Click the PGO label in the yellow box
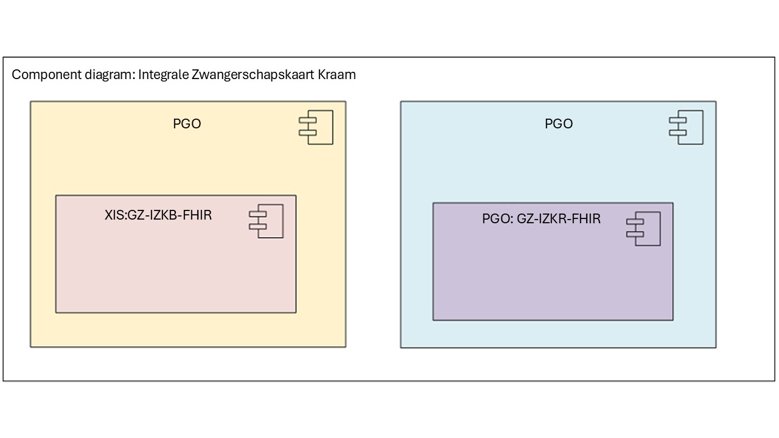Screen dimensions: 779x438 coord(187,123)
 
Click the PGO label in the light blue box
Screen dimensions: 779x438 coord(559,123)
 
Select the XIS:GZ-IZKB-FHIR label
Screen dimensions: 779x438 coord(158,215)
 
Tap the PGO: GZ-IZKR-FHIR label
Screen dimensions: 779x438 coord(541,218)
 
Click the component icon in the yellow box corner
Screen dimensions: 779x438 coord(316,127)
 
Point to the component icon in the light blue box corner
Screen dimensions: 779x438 coord(686,127)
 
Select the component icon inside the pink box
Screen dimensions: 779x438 coord(266,221)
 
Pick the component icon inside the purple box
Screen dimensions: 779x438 coord(643,229)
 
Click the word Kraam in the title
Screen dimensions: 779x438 coord(337,75)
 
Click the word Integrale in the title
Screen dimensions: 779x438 coord(164,75)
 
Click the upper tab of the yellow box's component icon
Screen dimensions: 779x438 coord(307,120)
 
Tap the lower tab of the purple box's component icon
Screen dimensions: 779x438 coord(635,234)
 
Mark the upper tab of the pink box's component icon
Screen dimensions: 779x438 coord(257,214)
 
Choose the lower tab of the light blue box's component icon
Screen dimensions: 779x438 coord(678,133)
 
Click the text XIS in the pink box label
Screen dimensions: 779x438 coord(114,215)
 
